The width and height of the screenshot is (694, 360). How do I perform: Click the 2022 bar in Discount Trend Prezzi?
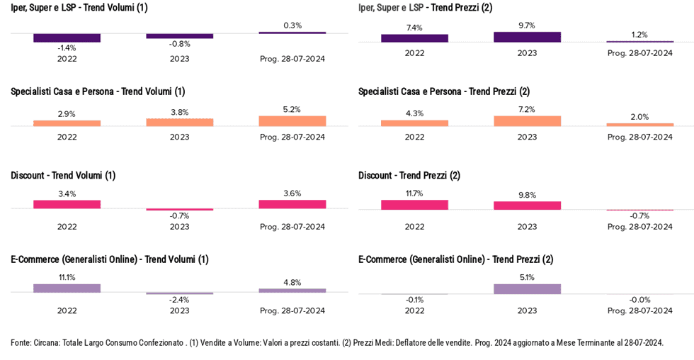point(414,205)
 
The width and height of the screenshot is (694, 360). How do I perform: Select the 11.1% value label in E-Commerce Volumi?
point(67,277)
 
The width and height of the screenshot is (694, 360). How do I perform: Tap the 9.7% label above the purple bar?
point(527,26)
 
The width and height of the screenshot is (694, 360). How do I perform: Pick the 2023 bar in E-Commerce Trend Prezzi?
point(527,288)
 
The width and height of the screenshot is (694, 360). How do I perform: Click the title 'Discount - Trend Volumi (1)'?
point(63,175)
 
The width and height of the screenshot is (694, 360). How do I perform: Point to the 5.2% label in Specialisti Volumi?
point(292,110)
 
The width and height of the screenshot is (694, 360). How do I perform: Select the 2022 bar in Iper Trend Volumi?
point(67,38)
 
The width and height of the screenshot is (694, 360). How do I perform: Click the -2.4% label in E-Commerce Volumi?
point(180,300)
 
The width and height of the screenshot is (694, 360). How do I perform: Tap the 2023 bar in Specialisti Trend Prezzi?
point(527,121)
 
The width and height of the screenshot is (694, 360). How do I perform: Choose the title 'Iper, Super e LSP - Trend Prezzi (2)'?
point(426,8)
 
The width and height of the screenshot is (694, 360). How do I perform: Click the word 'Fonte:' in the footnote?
point(21,342)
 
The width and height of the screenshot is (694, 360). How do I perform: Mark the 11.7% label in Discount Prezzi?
point(414,193)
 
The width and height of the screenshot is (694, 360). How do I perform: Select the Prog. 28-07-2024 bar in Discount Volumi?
point(292,204)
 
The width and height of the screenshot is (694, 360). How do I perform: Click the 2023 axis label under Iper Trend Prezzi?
point(527,52)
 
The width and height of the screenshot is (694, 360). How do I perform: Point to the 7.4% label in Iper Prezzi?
point(414,28)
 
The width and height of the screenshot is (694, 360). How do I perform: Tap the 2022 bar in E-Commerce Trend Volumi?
point(67,288)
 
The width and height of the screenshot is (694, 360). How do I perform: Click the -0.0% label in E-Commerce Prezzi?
point(639,300)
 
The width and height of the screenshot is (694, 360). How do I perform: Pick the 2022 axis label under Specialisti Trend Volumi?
point(67,137)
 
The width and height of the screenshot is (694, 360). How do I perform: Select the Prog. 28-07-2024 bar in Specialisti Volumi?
point(292,121)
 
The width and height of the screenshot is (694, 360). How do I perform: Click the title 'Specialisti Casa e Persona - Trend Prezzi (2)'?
point(444,91)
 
